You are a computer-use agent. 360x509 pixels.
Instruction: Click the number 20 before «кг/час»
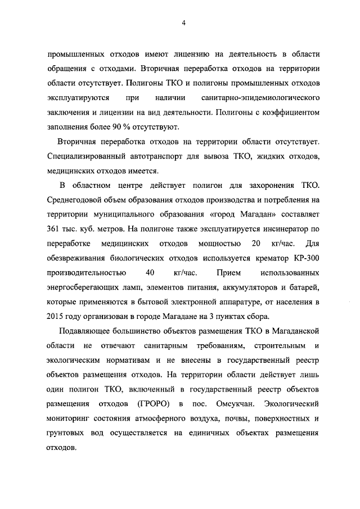tap(256, 244)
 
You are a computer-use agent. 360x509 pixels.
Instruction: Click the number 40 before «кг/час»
tap(150, 273)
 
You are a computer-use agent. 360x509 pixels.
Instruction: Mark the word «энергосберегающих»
tap(85, 287)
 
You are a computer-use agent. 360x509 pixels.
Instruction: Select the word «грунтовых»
tap(67, 434)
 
